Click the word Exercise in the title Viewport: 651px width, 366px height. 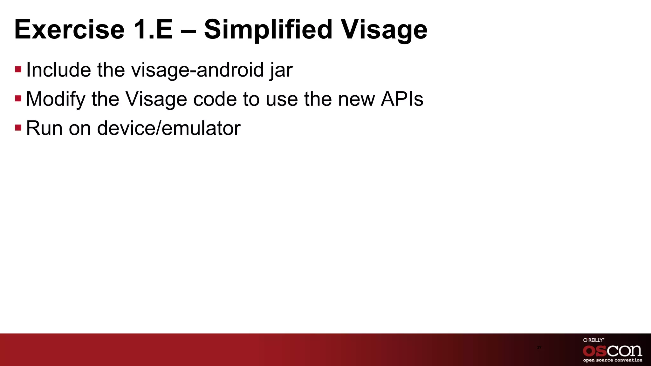click(x=69, y=30)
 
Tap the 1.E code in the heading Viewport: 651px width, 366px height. click(x=153, y=30)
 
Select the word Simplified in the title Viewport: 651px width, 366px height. click(x=268, y=30)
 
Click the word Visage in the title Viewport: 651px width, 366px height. click(x=384, y=30)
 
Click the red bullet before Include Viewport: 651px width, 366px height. click(x=18, y=69)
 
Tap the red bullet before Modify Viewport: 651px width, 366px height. click(x=18, y=98)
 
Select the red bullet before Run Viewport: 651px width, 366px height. click(x=18, y=128)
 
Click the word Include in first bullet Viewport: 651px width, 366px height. click(x=58, y=70)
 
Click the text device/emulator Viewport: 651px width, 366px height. click(x=168, y=128)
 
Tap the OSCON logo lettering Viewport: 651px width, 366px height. click(x=612, y=351)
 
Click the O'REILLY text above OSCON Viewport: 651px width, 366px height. click(x=593, y=340)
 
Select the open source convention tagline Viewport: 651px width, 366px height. click(x=612, y=360)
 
